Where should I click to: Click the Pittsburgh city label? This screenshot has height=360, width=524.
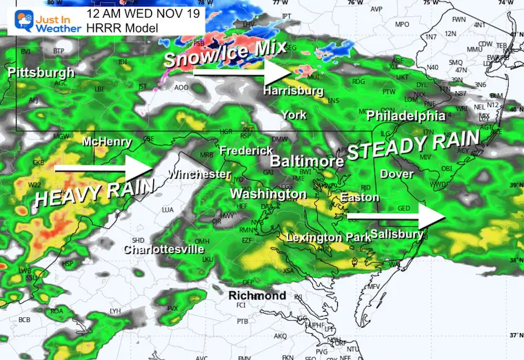[41, 72]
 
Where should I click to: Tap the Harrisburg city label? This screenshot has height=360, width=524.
[293, 90]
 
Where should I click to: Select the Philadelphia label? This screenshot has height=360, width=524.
[406, 114]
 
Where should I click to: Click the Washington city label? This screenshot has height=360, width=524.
[268, 194]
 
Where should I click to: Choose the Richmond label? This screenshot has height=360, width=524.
[257, 295]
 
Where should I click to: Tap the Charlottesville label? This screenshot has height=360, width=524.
[163, 250]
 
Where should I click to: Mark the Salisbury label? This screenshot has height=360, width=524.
[396, 234]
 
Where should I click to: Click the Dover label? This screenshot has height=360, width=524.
[396, 174]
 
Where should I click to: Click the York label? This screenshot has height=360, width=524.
[294, 114]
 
